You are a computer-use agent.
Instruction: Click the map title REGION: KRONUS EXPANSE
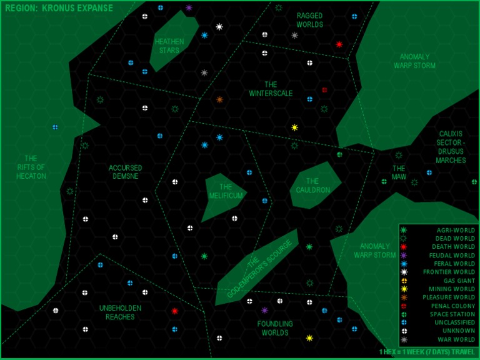59,9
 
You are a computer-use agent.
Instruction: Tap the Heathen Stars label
169,46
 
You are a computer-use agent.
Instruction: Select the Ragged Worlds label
310,20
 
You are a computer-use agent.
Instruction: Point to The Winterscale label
271,89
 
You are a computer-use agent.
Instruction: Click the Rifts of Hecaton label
31,167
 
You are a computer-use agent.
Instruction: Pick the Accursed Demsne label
126,172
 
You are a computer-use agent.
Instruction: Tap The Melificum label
226,191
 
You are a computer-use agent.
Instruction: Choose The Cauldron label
313,186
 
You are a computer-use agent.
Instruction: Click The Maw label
399,172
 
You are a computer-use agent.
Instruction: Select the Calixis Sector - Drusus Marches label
451,147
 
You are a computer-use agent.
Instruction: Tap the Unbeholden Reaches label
120,312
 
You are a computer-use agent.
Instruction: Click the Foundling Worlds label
275,328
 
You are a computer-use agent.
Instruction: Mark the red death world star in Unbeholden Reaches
175,311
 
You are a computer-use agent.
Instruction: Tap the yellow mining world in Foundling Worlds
309,338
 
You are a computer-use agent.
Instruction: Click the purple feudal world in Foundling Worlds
264,310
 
